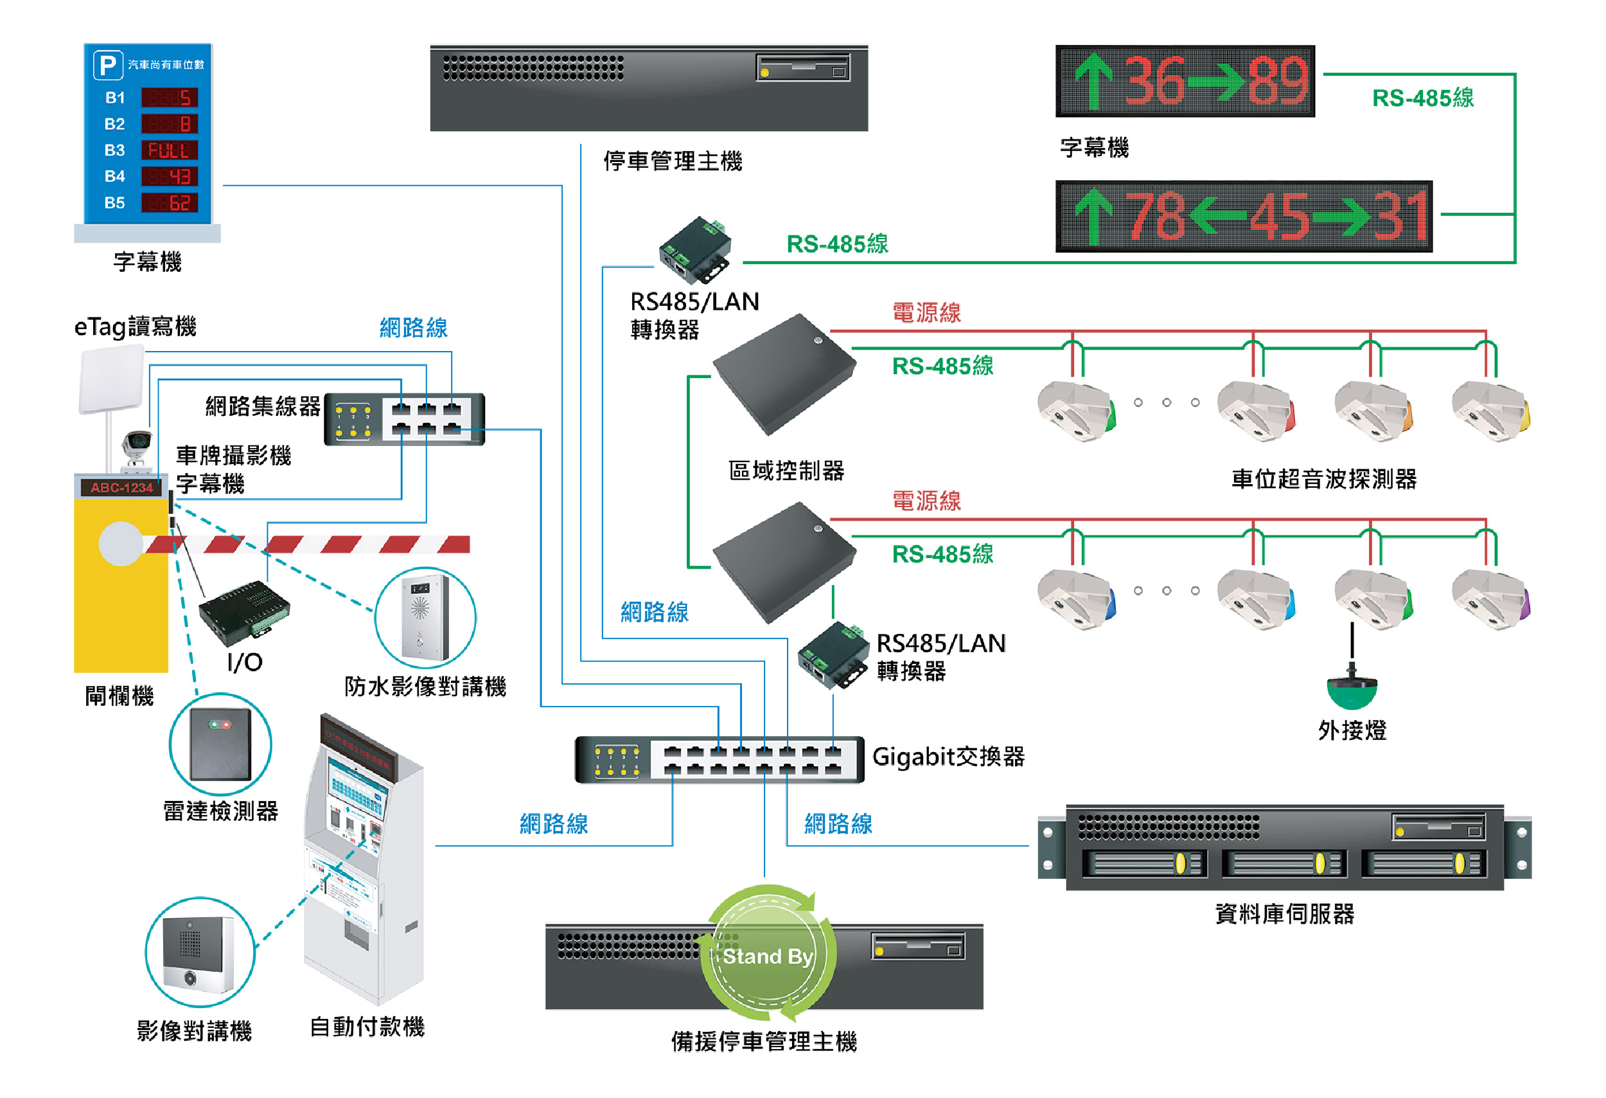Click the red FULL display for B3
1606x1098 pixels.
click(x=170, y=150)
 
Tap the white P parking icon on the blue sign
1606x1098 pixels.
click(x=108, y=65)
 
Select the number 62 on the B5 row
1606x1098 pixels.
click(x=179, y=203)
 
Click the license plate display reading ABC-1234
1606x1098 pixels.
click(x=121, y=487)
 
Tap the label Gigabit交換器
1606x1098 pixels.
click(x=948, y=757)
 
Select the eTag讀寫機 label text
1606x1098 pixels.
click(x=136, y=327)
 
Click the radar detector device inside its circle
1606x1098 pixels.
click(x=220, y=744)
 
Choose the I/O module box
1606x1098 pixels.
click(x=243, y=610)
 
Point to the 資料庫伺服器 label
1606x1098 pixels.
click(x=1284, y=914)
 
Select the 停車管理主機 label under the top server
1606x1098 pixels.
click(x=673, y=161)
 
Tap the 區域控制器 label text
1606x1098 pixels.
click(x=786, y=471)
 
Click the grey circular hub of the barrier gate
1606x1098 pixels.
click(x=121, y=543)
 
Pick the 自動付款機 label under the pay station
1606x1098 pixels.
click(x=367, y=1026)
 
